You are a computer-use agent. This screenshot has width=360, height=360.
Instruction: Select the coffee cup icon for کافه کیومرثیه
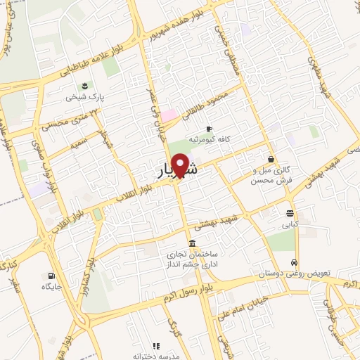(209, 128)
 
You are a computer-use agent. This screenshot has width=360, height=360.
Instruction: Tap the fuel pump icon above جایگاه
(51, 276)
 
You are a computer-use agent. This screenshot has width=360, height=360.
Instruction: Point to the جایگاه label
(52, 287)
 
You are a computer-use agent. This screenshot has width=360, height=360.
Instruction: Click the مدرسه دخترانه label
(157, 355)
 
